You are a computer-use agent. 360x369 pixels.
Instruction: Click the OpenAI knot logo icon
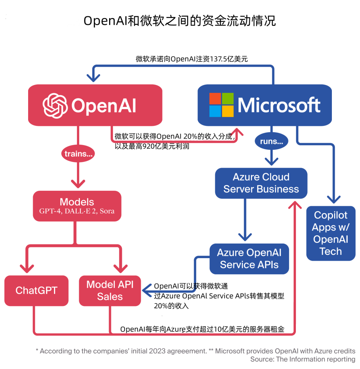pos(55,105)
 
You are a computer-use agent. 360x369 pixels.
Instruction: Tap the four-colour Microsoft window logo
pos(221,105)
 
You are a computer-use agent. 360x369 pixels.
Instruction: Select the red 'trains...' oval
pos(78,154)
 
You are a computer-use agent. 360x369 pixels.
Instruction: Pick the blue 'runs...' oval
pos(271,142)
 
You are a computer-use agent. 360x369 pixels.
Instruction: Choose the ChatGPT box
pos(36,290)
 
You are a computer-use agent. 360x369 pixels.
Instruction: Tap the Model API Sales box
pos(110,290)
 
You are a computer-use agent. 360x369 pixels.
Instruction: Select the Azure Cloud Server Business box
pos(261,183)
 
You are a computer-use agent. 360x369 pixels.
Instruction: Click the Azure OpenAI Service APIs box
pos(249,258)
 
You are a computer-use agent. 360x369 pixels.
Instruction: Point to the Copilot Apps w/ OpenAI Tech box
pos(330,233)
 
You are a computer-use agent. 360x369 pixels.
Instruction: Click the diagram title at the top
pos(180,21)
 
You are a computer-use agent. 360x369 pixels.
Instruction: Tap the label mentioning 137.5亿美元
pos(192,59)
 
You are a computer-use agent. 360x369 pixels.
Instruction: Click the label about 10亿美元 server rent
pos(202,329)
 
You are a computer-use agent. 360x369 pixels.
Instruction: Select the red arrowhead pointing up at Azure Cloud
pos(296,205)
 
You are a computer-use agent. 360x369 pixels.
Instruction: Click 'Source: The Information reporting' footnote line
pos(303,359)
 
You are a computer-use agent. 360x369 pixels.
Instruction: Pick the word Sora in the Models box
pos(107,211)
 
